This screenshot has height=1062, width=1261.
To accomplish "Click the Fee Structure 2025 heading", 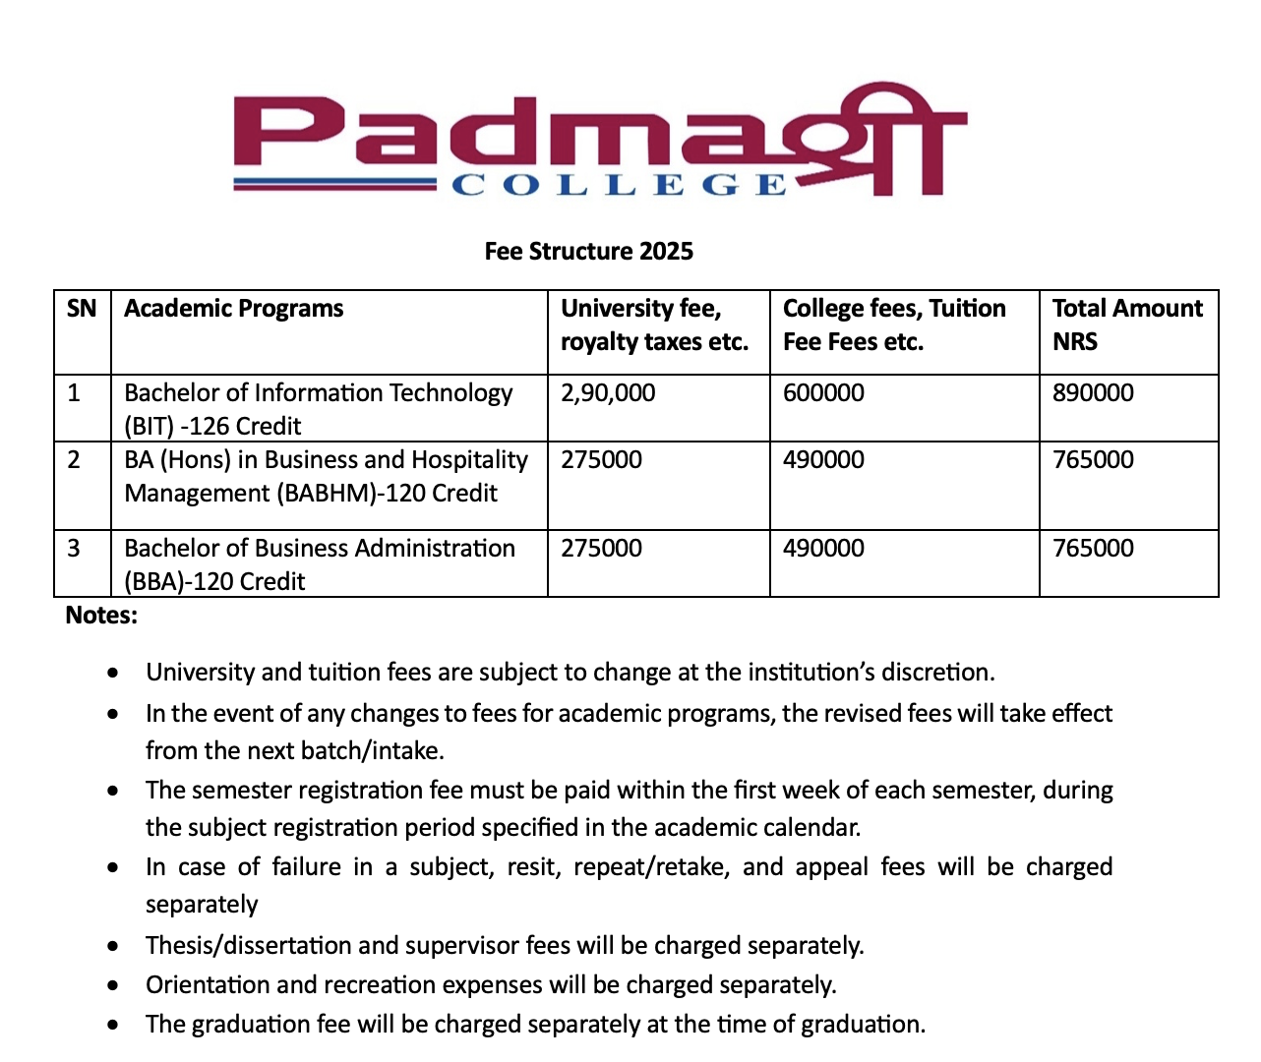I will [x=588, y=252].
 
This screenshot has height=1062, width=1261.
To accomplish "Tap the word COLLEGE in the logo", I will [x=619, y=185].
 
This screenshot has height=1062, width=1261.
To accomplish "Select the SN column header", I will [x=82, y=309].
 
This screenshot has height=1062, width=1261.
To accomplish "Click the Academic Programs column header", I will [x=234, y=309].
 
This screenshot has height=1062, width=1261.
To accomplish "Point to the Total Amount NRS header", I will [x=1127, y=324].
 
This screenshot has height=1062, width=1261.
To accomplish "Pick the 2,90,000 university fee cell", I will [x=608, y=393].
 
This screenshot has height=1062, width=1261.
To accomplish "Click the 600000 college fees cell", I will [x=823, y=393].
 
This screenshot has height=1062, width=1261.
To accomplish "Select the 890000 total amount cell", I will [x=1093, y=393].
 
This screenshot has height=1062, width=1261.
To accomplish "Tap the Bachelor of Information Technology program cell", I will [x=318, y=409].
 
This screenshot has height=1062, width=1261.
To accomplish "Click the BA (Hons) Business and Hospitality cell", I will [x=326, y=476].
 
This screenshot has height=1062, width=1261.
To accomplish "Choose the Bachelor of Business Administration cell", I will [x=319, y=564].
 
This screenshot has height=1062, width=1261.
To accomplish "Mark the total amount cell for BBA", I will [x=1093, y=549].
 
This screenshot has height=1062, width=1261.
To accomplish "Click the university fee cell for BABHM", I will [x=601, y=460].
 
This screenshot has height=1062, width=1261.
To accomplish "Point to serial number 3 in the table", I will [x=74, y=549].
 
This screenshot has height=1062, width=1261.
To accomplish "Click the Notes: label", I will [x=101, y=616].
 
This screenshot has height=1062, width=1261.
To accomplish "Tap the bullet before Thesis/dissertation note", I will [x=115, y=946].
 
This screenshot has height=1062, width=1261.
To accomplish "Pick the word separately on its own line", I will [x=202, y=905].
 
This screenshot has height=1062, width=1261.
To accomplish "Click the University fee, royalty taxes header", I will [x=654, y=324].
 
